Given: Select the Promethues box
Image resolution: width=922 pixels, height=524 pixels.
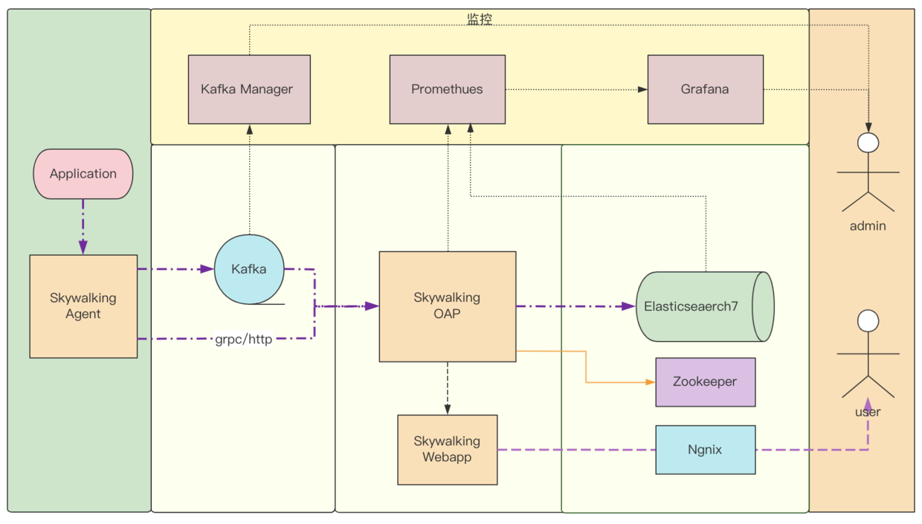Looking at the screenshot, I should [x=447, y=89].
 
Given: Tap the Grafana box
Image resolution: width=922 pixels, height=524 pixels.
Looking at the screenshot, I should [x=705, y=89].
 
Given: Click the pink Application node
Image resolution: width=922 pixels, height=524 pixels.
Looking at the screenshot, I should [x=83, y=174].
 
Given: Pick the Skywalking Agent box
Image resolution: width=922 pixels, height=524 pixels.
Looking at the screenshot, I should [x=83, y=306].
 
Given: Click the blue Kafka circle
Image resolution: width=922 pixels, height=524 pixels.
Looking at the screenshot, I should [x=249, y=269].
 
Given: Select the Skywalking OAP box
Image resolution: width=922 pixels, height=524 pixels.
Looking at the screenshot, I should [x=447, y=306].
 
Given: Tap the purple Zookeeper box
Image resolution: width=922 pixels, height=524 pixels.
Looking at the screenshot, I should [x=705, y=382].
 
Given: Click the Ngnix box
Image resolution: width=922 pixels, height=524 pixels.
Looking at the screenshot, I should [x=705, y=450].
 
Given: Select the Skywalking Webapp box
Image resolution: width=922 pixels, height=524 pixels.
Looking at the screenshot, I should [x=447, y=450].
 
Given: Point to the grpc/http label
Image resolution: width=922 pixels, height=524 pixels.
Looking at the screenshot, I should [x=244, y=340].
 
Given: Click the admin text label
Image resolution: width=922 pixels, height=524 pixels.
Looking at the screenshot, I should [x=868, y=226].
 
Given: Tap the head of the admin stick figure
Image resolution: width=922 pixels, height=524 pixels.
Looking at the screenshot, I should [x=868, y=143].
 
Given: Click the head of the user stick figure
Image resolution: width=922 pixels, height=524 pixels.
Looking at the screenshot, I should [x=868, y=320].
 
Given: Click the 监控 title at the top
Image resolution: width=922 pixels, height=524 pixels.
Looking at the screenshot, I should [x=480, y=20].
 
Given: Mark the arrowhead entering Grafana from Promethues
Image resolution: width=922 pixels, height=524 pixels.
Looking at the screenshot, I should [x=642, y=89].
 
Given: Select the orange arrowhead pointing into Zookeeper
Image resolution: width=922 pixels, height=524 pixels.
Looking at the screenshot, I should [x=651, y=382].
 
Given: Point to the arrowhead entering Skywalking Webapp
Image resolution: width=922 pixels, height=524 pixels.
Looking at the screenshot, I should [x=448, y=410].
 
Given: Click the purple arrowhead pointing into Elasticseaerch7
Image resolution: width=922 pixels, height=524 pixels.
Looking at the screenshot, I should [x=629, y=306].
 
